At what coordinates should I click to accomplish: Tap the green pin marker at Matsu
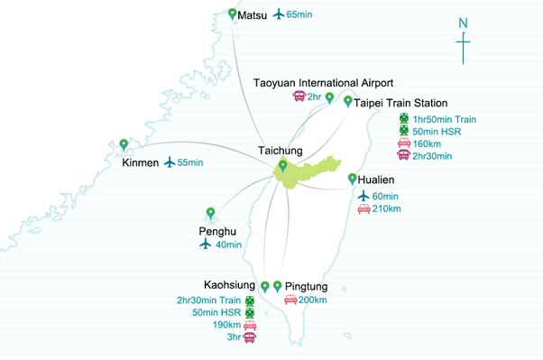coord(233,14)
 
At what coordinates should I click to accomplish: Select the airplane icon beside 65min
coord(278,14)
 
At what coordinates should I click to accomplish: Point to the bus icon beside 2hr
coord(298,97)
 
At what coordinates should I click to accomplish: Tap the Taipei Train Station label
coord(400,103)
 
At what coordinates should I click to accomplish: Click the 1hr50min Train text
coord(445,119)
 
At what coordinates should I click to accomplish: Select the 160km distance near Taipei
coord(428,143)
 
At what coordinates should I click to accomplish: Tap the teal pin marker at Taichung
coord(283,165)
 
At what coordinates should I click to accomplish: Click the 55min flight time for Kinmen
coord(190,162)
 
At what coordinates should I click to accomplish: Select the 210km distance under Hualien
coord(388,209)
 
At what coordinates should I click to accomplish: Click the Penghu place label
coord(218,232)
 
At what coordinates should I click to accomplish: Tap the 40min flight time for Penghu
coord(229,245)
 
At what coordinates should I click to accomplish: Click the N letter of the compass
coord(463,23)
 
